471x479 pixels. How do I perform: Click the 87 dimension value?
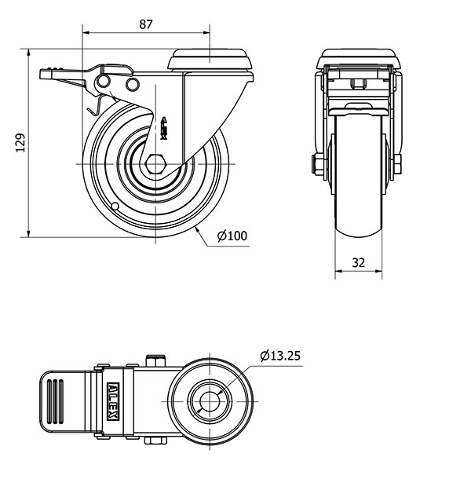click(145, 24)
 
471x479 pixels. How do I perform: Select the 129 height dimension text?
click(20, 142)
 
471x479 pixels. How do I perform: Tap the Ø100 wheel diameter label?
click(232, 236)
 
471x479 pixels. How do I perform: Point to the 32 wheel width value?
click(358, 262)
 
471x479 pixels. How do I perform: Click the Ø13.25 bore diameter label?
click(280, 356)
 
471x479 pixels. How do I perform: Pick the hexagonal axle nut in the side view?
click(155, 164)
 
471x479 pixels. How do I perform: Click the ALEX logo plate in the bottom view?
click(113, 401)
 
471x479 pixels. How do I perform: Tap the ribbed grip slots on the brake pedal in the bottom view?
click(55, 401)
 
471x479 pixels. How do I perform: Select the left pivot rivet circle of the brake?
click(104, 82)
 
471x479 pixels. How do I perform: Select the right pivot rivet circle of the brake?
click(133, 84)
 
